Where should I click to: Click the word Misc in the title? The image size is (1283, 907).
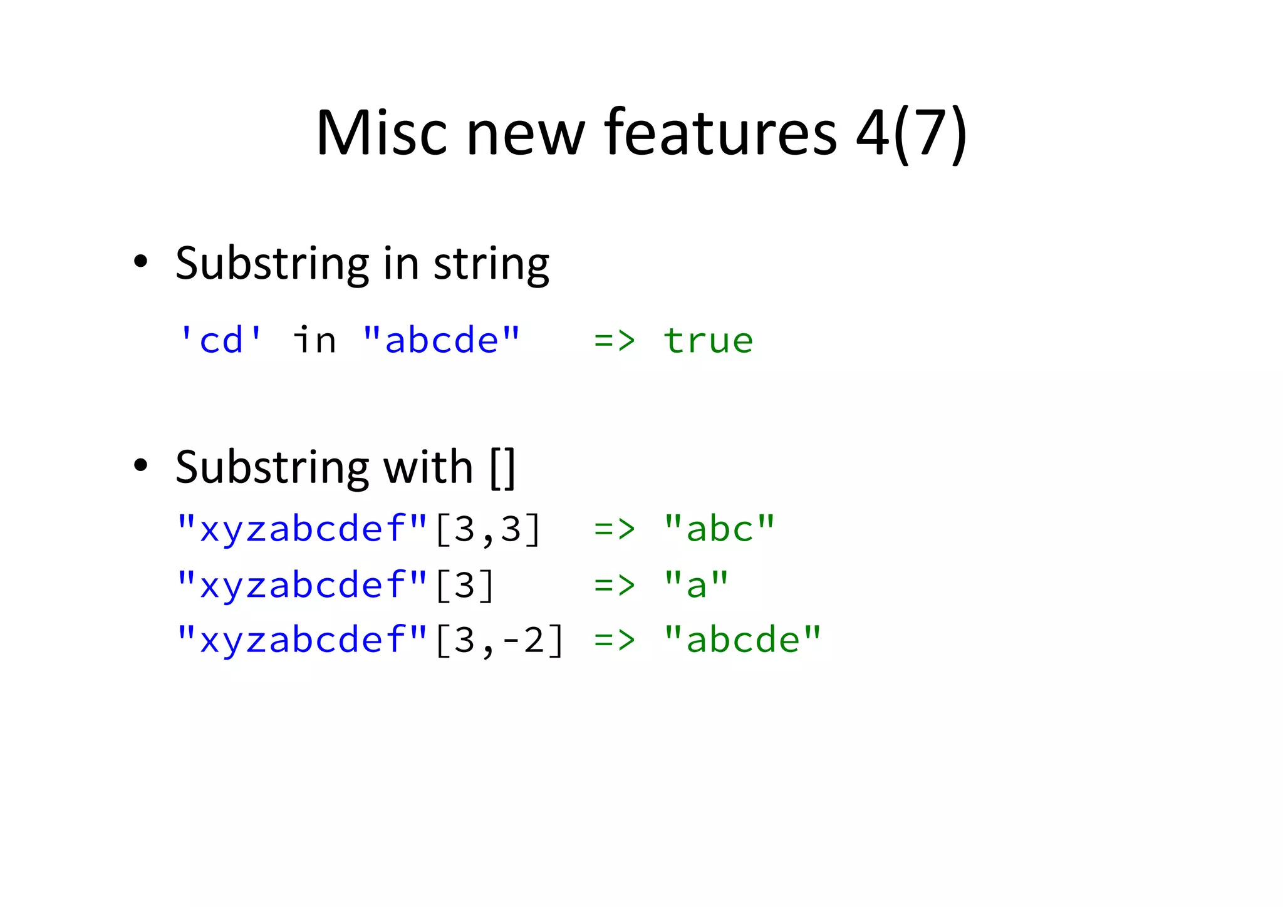click(x=382, y=133)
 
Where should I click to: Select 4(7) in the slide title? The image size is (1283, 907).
click(x=912, y=134)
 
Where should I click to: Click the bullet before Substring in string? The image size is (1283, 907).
click(x=140, y=262)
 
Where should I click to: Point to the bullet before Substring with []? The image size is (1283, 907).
click(x=140, y=466)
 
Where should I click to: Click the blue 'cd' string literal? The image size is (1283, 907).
click(x=221, y=341)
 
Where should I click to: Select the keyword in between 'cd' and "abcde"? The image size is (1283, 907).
click(x=314, y=341)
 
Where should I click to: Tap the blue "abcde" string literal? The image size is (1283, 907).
click(x=441, y=341)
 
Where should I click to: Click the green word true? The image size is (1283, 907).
click(x=708, y=341)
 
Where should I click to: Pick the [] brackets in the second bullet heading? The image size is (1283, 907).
click(x=502, y=467)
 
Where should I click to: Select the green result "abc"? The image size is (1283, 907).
click(x=719, y=529)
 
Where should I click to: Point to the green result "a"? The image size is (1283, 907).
click(x=696, y=584)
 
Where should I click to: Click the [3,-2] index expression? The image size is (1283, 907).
click(x=499, y=640)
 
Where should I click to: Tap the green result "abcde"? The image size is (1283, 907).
click(x=742, y=640)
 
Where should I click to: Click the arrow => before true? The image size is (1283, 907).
click(x=615, y=341)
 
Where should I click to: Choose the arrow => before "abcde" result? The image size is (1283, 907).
click(x=615, y=640)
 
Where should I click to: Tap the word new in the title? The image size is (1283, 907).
click(x=525, y=133)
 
